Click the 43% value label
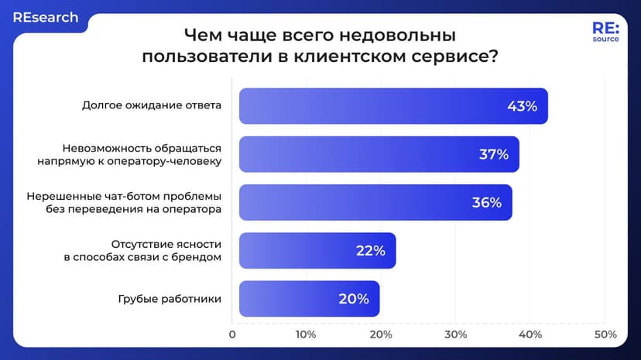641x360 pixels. [522, 106]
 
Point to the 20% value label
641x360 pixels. [353, 298]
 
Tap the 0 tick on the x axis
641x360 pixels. [232, 334]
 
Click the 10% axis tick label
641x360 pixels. [306, 334]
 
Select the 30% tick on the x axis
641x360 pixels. [455, 334]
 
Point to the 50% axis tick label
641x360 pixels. [605, 334]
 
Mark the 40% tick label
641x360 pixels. [530, 334]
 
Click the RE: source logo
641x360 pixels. [605, 32]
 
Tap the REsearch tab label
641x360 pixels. [45, 17]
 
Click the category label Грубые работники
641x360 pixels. [170, 298]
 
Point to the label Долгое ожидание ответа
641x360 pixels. [152, 106]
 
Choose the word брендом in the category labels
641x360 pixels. [196, 256]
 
